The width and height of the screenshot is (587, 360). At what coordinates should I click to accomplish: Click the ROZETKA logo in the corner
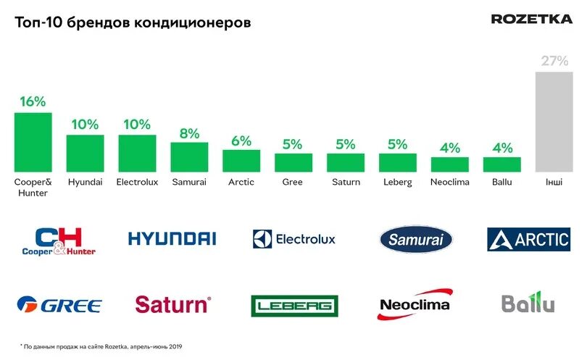click(x=531, y=19)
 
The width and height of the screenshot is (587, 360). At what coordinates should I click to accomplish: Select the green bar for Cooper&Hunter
click(x=33, y=142)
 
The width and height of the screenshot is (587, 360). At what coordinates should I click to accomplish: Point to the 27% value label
click(x=554, y=61)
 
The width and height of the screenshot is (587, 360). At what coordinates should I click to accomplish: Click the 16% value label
click(x=33, y=102)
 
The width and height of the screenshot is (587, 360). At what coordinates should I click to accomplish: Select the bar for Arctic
click(x=241, y=161)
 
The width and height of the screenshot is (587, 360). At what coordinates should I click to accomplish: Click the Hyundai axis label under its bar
click(x=85, y=183)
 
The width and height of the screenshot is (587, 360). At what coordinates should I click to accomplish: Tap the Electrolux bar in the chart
click(x=137, y=153)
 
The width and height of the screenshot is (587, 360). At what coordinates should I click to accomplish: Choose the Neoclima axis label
click(x=449, y=183)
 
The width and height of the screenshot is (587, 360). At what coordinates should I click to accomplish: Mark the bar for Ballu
click(x=501, y=164)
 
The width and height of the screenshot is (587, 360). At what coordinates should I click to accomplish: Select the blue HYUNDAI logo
click(x=172, y=238)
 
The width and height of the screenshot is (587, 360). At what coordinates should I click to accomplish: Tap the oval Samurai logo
click(x=415, y=239)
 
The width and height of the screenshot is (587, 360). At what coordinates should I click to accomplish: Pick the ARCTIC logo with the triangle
click(x=528, y=239)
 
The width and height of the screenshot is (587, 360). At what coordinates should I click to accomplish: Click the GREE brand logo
click(x=59, y=305)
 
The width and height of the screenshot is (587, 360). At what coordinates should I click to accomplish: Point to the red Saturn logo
click(x=172, y=304)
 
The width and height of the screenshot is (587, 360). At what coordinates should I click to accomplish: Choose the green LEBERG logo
click(x=294, y=306)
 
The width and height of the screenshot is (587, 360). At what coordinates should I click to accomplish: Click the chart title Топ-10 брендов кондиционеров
click(x=133, y=23)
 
